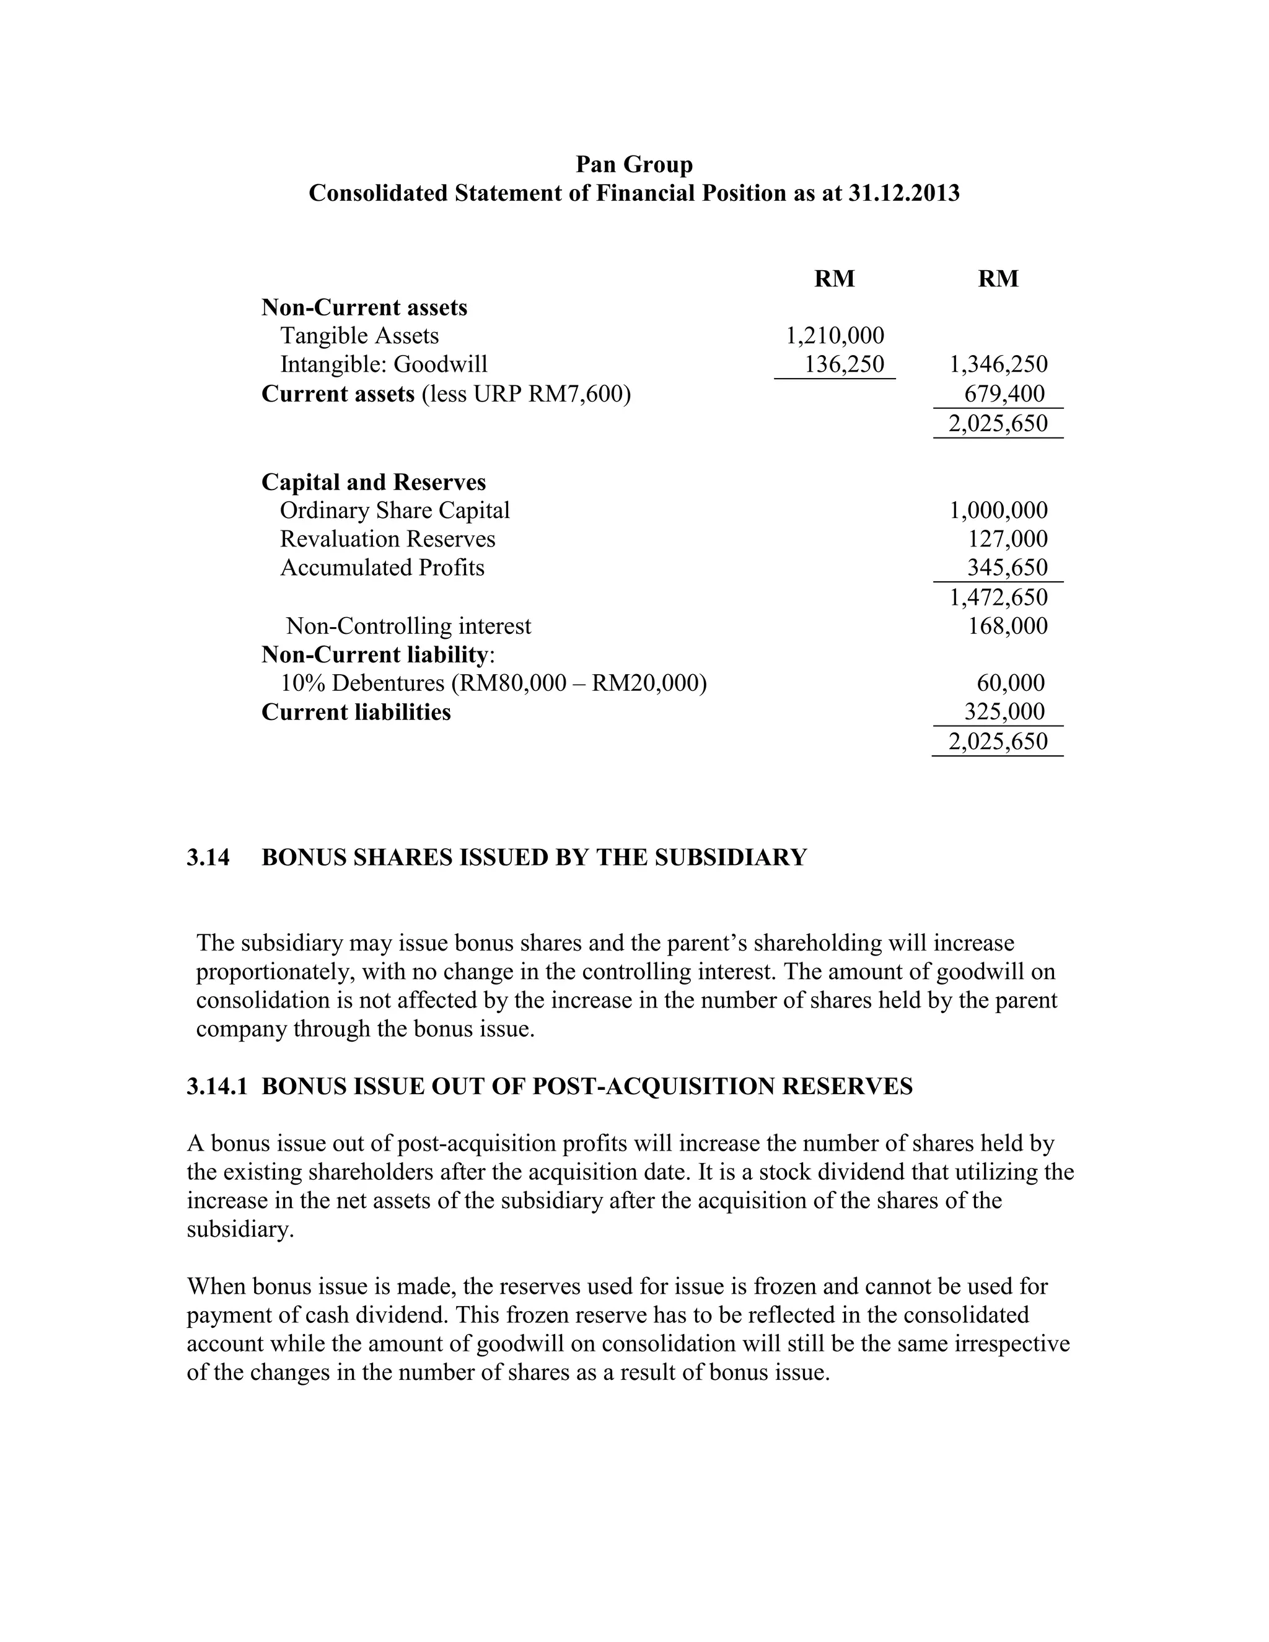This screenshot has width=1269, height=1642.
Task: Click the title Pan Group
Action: pyautogui.click(x=634, y=164)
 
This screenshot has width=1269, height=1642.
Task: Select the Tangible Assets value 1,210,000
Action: pyautogui.click(x=835, y=335)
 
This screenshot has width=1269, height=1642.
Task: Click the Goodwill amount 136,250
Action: pyautogui.click(x=845, y=364)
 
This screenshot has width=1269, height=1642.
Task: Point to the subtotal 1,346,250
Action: pyautogui.click(x=998, y=364)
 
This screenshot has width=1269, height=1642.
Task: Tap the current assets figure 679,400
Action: pyautogui.click(x=1004, y=393)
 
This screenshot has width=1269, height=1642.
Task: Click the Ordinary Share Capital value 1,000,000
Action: pyautogui.click(x=998, y=511)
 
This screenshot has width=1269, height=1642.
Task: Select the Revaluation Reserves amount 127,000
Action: pyautogui.click(x=1007, y=539)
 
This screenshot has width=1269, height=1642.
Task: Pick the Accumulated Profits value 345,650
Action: pyautogui.click(x=1007, y=568)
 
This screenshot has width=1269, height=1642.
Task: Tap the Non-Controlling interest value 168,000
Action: pyautogui.click(x=1007, y=626)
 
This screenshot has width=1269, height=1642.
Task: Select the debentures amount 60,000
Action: pyautogui.click(x=1011, y=683)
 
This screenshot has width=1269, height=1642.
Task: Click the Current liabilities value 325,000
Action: pyautogui.click(x=1004, y=712)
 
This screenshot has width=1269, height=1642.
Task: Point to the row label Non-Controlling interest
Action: pyautogui.click(x=408, y=626)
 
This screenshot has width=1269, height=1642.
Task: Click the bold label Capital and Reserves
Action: pyautogui.click(x=374, y=482)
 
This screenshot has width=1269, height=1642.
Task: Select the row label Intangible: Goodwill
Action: pyautogui.click(x=384, y=364)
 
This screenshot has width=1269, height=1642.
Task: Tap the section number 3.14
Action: pyautogui.click(x=208, y=857)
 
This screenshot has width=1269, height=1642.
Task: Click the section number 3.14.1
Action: pyautogui.click(x=216, y=1086)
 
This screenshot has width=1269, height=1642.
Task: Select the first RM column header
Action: pyautogui.click(x=835, y=279)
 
